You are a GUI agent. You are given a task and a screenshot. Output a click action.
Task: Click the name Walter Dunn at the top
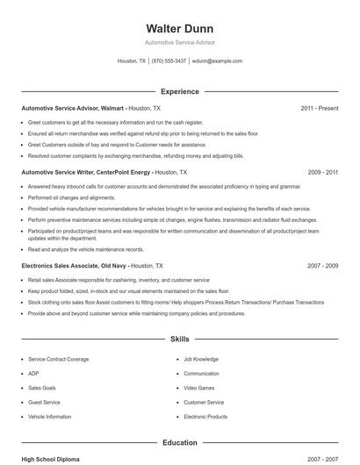point(179,28)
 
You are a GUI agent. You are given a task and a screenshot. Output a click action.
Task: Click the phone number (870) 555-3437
point(169,61)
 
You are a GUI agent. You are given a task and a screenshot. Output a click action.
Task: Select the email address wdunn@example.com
point(217,61)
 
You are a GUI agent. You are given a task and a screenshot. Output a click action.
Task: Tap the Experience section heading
point(179,91)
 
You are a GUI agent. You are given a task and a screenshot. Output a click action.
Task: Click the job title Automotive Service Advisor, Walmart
point(74,108)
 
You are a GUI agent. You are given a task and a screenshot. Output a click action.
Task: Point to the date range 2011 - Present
point(319,108)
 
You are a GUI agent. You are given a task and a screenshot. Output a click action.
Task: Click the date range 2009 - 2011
point(322,173)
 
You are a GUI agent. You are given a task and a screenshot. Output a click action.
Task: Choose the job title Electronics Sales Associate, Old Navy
point(75,265)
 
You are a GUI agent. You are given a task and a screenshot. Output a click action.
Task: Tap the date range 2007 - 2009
point(322,265)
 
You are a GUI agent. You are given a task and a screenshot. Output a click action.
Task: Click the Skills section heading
point(179,338)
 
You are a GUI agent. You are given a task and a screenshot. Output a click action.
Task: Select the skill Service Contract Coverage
point(58,360)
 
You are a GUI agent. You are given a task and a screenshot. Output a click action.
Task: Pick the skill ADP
point(33,374)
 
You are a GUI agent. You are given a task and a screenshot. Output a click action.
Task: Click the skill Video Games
point(198,388)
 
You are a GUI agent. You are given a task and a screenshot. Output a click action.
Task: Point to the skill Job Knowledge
point(201,360)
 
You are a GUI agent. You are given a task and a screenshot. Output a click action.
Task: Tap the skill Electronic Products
point(205,417)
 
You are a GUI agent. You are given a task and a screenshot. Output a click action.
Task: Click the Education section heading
point(179,443)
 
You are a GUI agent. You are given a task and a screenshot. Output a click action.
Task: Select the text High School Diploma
point(52,459)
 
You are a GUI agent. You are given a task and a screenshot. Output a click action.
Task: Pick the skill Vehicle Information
point(50,417)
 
